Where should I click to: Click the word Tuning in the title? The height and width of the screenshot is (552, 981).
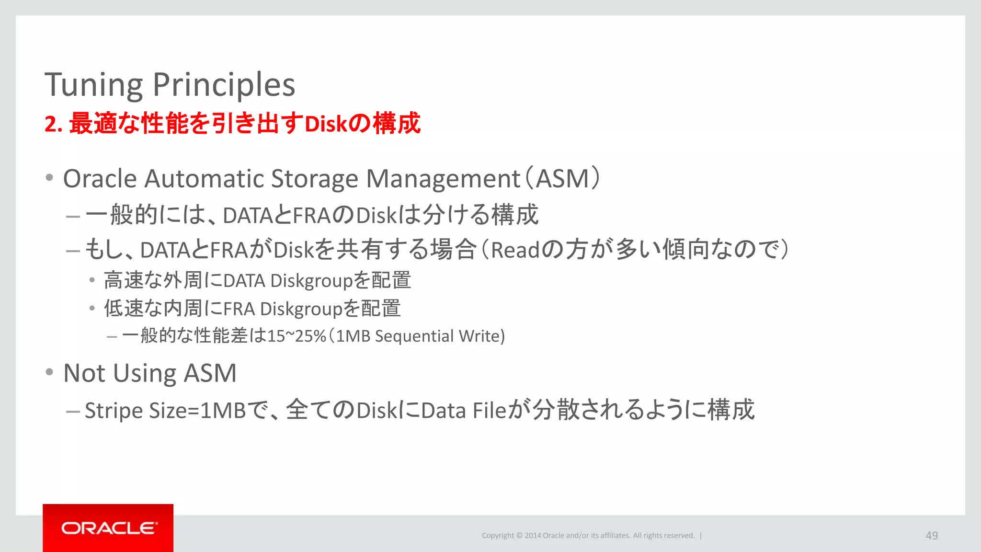(94, 85)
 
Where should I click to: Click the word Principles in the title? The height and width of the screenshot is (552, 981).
(224, 85)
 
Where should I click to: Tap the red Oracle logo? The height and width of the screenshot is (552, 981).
(108, 528)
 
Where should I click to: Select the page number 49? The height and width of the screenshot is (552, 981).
(932, 535)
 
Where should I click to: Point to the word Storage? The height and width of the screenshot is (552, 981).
(314, 179)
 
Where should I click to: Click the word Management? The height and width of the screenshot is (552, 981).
(443, 179)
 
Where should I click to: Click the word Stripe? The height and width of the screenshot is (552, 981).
(114, 411)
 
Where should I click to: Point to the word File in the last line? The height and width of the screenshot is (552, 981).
(489, 411)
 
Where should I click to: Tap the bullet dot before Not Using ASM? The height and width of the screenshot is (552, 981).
(49, 372)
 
